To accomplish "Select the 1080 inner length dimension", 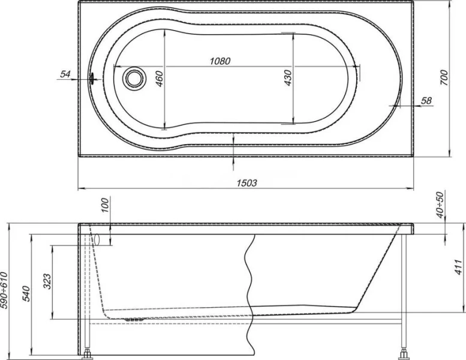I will point(220,61).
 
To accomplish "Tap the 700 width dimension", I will point(444,78).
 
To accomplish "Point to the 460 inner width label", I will point(159,79).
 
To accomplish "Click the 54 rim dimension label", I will point(66,74).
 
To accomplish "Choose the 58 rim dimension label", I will point(426,101).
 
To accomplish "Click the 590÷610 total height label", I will point(5,289).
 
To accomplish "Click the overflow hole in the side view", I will point(95,239).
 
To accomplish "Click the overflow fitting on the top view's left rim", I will point(92,77).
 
